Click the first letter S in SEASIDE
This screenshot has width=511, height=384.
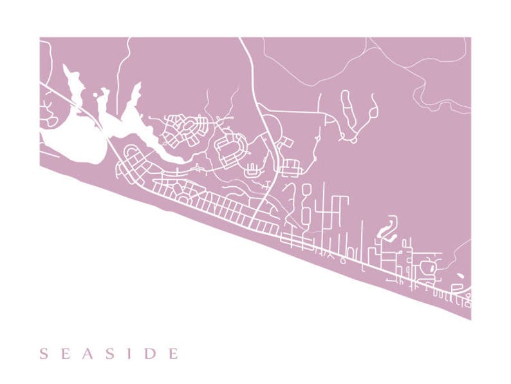(44, 353)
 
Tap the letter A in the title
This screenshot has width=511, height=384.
(88, 353)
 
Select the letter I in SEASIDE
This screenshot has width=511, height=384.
(131, 353)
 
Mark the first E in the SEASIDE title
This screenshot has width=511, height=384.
(65, 353)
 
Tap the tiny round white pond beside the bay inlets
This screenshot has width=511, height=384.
(97, 95)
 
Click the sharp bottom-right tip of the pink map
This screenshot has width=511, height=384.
(470, 318)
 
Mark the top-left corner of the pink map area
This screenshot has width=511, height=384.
(41, 38)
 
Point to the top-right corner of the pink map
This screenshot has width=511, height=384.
(470, 38)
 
